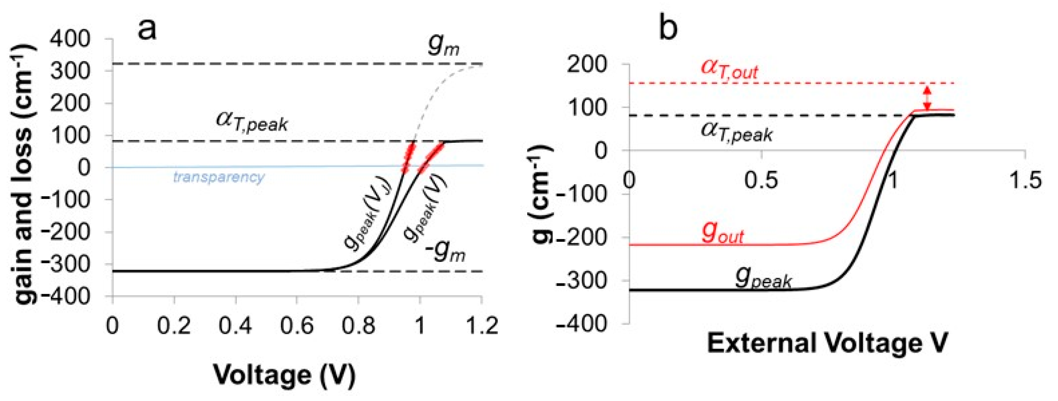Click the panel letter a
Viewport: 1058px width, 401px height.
pyautogui.click(x=147, y=30)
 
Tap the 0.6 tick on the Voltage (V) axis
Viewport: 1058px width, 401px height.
pyautogui.click(x=297, y=326)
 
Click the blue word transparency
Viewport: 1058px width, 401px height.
pyautogui.click(x=219, y=177)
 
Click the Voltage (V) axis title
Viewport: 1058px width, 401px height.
pyautogui.click(x=285, y=375)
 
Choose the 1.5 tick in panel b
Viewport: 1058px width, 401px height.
pyautogui.click(x=1025, y=180)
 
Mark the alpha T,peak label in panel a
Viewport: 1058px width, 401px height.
pyautogui.click(x=251, y=122)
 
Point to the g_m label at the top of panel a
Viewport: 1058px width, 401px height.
pyautogui.click(x=443, y=45)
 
